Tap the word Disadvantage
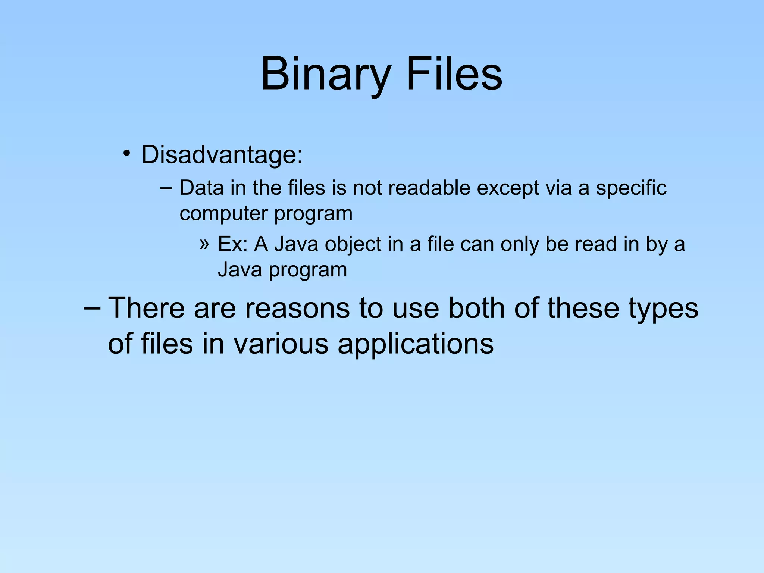click(222, 154)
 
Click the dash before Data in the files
click(166, 187)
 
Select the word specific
click(631, 188)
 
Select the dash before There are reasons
click(92, 308)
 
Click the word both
click(477, 308)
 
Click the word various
click(281, 343)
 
